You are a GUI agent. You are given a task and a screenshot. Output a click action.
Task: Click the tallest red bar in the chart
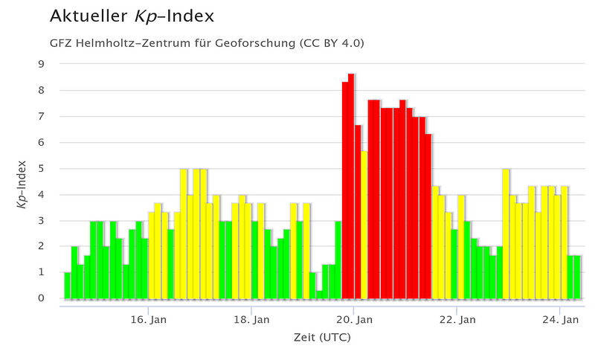(x=351, y=186)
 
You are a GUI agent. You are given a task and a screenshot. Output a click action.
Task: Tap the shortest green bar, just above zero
(x=319, y=295)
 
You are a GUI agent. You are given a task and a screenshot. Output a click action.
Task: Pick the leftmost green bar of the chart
(x=67, y=286)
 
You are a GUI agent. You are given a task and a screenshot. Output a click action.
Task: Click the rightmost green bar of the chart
(x=576, y=277)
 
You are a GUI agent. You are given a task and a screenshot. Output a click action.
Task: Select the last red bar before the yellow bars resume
(x=428, y=216)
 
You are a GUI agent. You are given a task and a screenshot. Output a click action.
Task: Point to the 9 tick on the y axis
(x=42, y=64)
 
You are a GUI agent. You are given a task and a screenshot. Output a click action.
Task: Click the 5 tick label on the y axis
(x=42, y=168)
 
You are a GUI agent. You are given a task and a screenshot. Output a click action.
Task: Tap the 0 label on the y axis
(x=42, y=298)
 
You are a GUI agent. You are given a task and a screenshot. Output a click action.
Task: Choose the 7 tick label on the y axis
(x=42, y=116)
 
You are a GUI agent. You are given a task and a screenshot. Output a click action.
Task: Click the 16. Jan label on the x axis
(x=149, y=320)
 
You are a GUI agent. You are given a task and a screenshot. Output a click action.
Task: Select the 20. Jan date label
(x=354, y=320)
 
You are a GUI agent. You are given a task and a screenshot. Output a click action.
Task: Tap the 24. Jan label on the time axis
(x=559, y=320)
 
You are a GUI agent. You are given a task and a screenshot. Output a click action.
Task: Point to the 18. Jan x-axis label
(x=251, y=320)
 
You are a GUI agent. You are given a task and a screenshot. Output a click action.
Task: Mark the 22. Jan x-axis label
(x=457, y=320)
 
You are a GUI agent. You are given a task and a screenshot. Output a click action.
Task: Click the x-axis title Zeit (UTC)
(x=322, y=337)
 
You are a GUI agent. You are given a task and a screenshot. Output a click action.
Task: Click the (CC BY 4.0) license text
(x=332, y=42)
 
